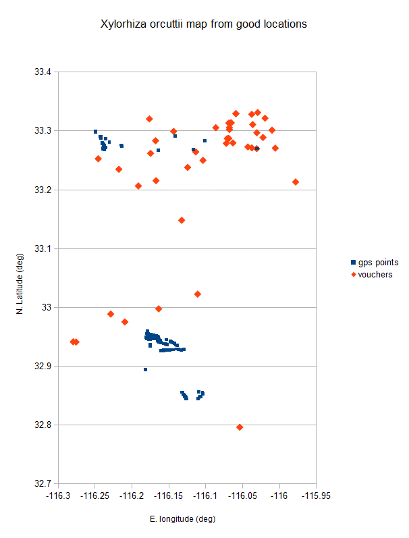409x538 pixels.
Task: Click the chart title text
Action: pos(204,24)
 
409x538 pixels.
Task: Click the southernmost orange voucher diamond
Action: pos(240,427)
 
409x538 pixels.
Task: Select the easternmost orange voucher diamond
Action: pos(296,182)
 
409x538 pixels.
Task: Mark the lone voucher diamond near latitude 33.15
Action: pos(182,220)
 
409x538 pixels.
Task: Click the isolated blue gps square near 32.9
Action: pos(145,370)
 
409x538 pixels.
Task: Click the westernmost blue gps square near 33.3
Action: pos(95,132)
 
